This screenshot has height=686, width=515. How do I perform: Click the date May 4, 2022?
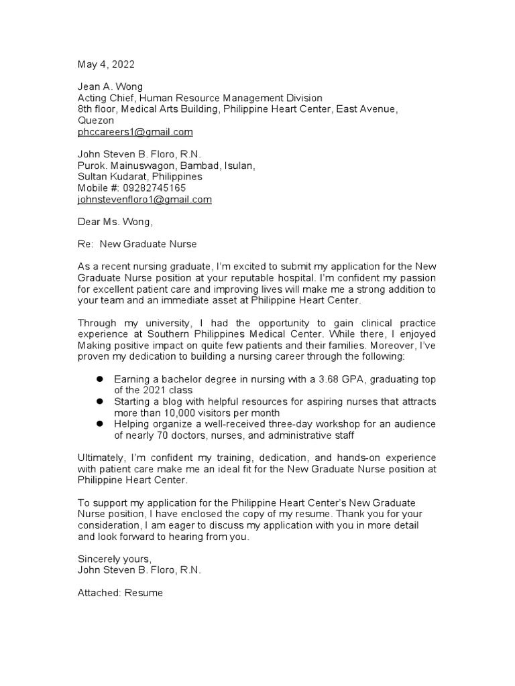tap(106, 65)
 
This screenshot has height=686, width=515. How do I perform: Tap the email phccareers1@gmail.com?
tap(135, 132)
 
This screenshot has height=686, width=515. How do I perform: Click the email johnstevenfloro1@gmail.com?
tap(145, 200)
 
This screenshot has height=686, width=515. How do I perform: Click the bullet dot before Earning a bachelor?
tap(99, 379)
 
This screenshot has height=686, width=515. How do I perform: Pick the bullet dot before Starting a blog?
tap(99, 401)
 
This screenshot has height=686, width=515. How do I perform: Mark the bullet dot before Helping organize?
tap(99, 424)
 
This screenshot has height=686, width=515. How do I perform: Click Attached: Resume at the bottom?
tap(120, 593)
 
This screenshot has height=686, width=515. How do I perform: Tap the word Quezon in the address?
tap(97, 121)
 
